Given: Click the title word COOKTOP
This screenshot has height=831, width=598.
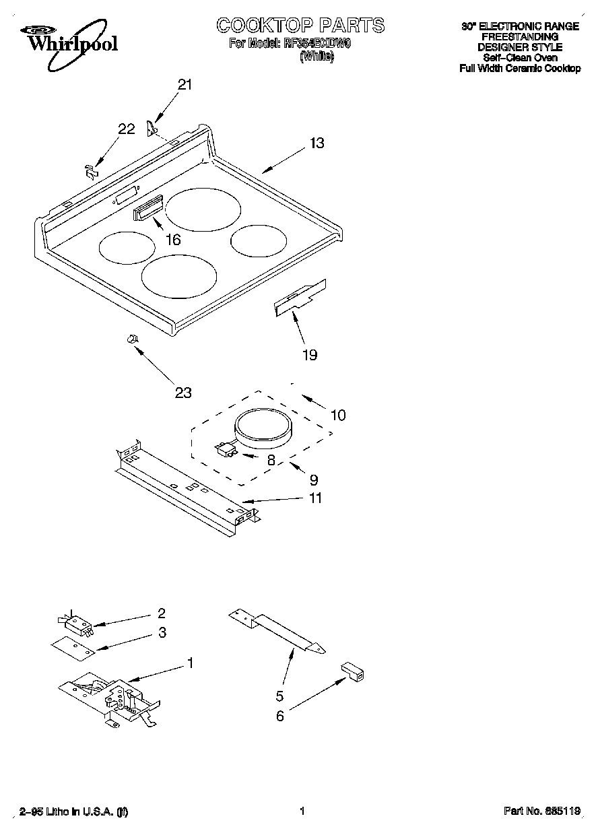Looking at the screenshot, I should click(x=264, y=26).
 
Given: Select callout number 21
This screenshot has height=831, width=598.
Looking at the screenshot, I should click(x=185, y=85).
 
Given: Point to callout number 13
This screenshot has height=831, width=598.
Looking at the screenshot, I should click(x=317, y=143).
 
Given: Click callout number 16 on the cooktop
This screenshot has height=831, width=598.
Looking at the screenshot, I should click(x=173, y=240).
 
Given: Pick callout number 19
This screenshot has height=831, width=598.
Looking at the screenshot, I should click(x=309, y=355).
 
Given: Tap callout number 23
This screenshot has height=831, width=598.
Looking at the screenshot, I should click(x=183, y=393).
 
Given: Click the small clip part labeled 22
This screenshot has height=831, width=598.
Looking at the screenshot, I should click(x=90, y=171).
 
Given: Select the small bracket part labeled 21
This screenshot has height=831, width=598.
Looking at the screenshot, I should click(x=152, y=127).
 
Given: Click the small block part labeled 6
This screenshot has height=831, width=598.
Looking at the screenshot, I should click(x=352, y=671).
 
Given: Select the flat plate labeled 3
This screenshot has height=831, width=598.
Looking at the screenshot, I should click(x=73, y=646).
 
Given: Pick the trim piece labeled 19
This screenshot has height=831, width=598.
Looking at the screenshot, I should click(x=300, y=298).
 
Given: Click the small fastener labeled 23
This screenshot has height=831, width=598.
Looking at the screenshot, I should click(x=132, y=339).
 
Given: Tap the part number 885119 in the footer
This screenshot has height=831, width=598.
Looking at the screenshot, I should click(x=564, y=811).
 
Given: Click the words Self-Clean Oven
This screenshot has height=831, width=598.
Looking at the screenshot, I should click(x=520, y=58).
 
